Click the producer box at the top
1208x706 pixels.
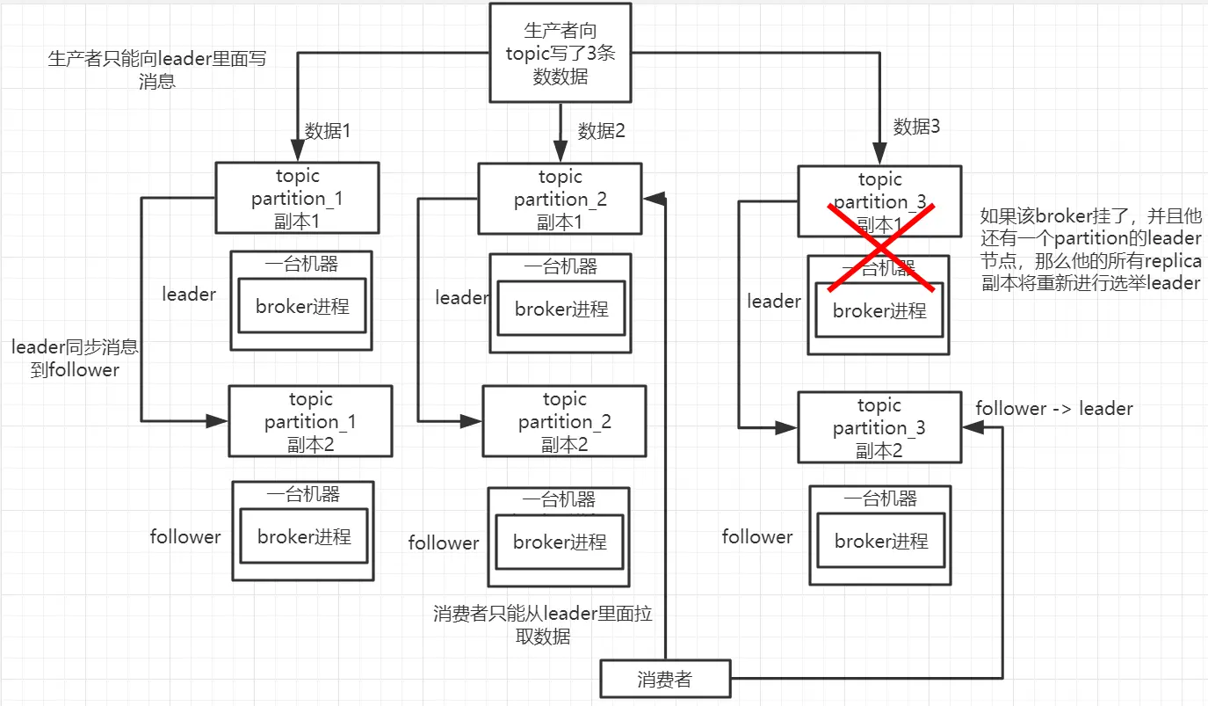560,54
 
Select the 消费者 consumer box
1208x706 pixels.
664,679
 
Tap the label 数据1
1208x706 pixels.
328,131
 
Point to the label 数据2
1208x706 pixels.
602,131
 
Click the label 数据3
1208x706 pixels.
917,127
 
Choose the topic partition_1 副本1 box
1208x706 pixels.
297,198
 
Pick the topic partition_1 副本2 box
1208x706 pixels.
310,421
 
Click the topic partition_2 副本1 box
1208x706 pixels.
560,200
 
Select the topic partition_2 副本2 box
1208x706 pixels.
564,421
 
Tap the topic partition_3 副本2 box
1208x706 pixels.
879,428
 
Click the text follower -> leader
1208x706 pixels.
1054,409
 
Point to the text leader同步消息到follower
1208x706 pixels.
75,359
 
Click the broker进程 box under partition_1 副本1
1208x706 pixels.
302,306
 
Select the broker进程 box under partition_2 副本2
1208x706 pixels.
560,542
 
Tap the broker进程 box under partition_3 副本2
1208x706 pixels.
881,542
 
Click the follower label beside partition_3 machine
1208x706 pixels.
757,536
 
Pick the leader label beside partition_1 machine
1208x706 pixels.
189,295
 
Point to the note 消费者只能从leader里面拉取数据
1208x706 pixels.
543,625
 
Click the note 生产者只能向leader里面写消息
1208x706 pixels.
156,70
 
